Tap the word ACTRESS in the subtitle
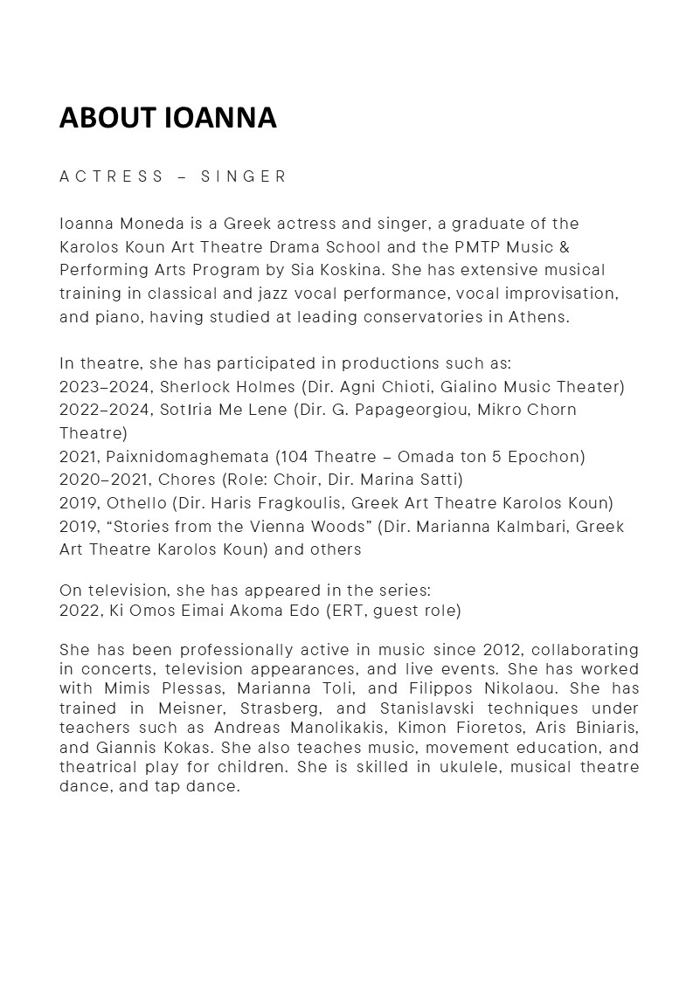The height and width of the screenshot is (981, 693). pyautogui.click(x=112, y=176)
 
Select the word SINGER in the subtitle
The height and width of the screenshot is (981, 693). pyautogui.click(x=244, y=176)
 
